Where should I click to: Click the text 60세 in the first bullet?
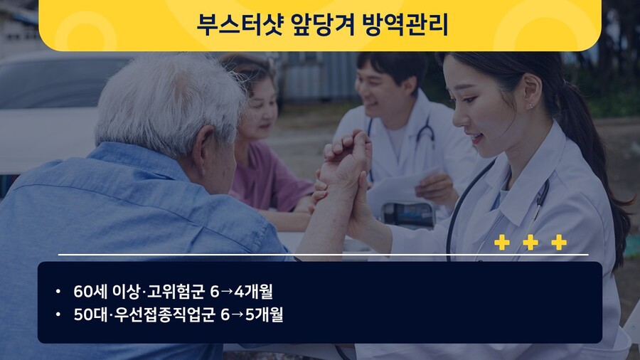(x=90, y=292)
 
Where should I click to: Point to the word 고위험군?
(x=175, y=292)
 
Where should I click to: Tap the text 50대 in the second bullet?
(x=90, y=314)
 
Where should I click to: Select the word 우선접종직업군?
(x=164, y=314)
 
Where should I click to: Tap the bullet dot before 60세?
(x=58, y=292)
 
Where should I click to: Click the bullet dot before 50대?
(x=58, y=314)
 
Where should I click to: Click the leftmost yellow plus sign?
(x=501, y=243)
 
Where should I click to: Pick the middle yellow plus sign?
(x=530, y=243)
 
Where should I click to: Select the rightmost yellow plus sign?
(x=559, y=243)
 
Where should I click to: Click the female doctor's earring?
(x=531, y=106)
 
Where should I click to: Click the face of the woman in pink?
(x=260, y=110)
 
